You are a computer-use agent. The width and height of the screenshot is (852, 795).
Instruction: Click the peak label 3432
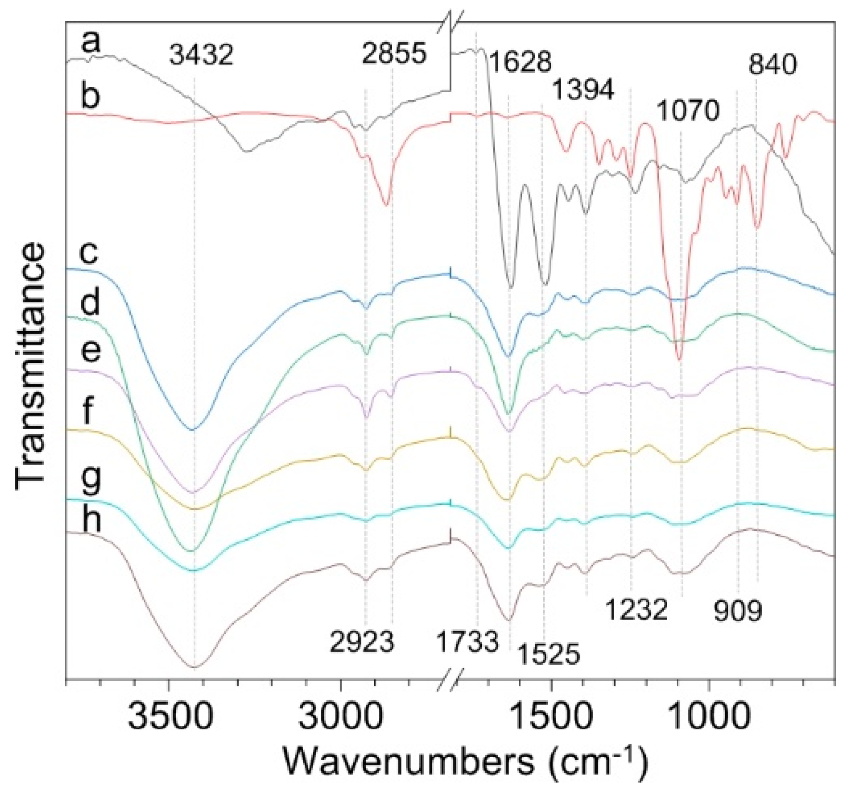201,55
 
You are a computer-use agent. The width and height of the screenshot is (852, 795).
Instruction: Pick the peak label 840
773,66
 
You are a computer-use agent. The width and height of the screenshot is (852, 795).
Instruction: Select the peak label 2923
362,642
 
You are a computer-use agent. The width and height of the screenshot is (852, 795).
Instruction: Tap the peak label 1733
468,642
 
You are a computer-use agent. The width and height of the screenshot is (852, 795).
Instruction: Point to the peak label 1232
636,609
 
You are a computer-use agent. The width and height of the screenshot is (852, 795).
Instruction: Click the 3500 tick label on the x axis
170,717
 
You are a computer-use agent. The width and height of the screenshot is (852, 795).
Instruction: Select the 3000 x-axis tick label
341,717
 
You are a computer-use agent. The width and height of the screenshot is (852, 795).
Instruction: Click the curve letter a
91,43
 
